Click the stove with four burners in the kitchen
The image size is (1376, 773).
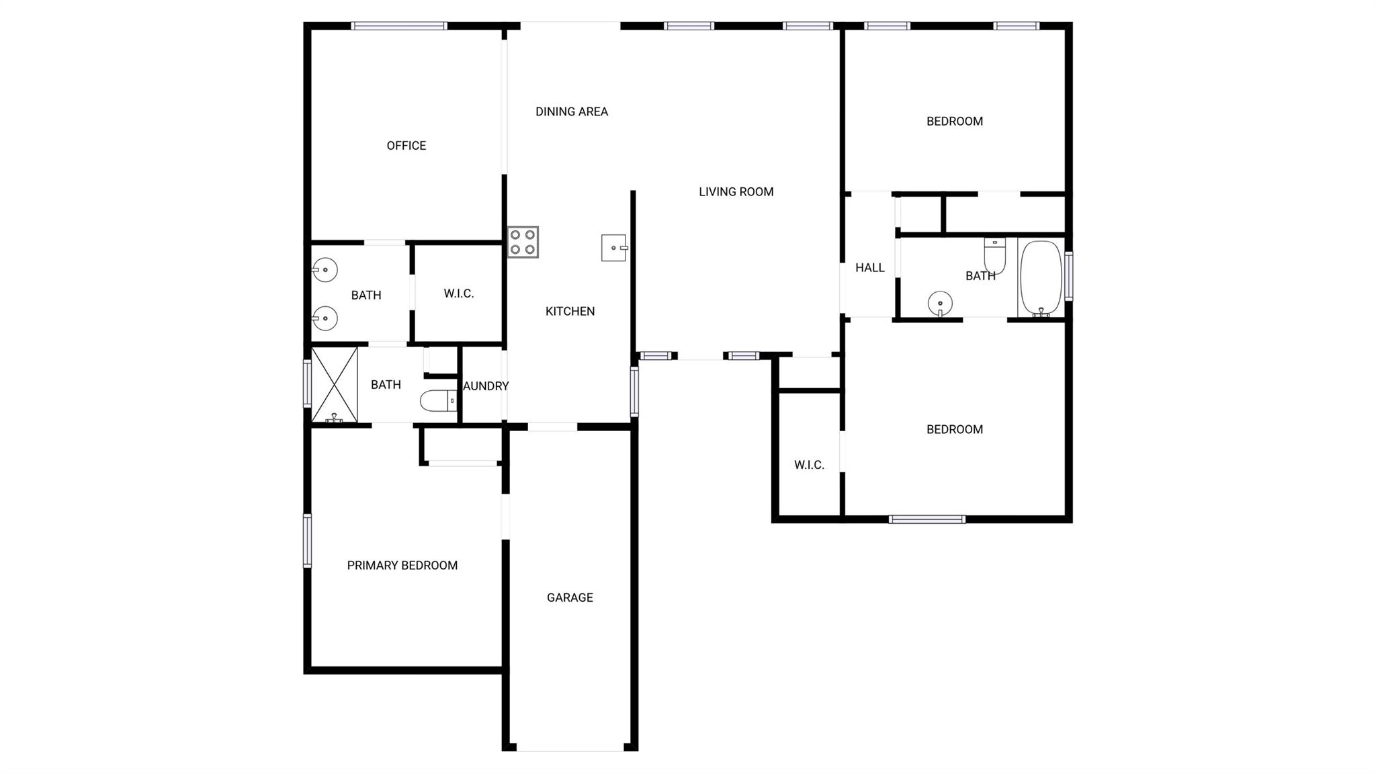coord(523,242)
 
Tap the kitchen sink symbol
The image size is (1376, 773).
coord(613,248)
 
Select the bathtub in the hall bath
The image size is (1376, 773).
coord(1041,277)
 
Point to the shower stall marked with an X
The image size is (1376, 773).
coord(335,384)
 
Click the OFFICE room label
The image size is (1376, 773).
coord(406,146)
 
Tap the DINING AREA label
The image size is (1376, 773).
coord(572,111)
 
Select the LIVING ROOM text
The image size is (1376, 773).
coord(736,192)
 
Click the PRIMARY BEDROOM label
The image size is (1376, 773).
coord(402,565)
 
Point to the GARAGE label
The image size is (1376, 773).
coord(570,598)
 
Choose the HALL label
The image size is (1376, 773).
coord(870,268)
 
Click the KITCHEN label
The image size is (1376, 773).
coord(570,312)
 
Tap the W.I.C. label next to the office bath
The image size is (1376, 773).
coord(459,294)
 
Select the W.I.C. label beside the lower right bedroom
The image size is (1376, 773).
coord(809,465)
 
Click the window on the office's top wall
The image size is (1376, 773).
coord(399,26)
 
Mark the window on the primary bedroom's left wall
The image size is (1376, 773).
coord(308,541)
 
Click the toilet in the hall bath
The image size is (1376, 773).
coord(995,255)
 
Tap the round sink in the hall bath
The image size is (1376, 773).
coord(940,303)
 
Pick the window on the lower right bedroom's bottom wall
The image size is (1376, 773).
coord(927,519)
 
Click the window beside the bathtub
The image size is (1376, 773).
coord(1069,276)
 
